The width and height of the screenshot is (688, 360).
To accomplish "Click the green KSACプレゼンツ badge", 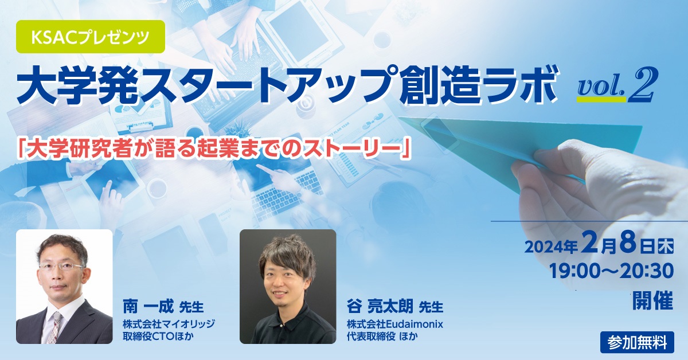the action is pyautogui.click(x=91, y=37).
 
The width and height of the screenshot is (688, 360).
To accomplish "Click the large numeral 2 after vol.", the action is pyautogui.click(x=641, y=84).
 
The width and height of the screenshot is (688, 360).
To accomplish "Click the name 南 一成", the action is pyautogui.click(x=148, y=307).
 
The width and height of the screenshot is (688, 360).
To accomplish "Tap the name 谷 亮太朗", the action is pyautogui.click(x=380, y=307).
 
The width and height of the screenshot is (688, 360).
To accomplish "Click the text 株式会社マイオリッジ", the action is pyautogui.click(x=169, y=324).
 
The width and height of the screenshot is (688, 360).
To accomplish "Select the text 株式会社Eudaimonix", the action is pyautogui.click(x=395, y=324).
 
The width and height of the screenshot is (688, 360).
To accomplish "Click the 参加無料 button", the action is pyautogui.click(x=638, y=342).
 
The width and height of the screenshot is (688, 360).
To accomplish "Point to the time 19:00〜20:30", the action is pyautogui.click(x=611, y=271).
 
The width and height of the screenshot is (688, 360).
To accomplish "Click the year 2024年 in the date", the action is pyautogui.click(x=551, y=247).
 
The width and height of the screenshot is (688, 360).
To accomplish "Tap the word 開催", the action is pyautogui.click(x=652, y=300).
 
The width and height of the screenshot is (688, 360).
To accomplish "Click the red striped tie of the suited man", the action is pyautogui.click(x=56, y=327).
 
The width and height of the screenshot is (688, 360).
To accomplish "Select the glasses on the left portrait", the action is pyautogui.click(x=62, y=267).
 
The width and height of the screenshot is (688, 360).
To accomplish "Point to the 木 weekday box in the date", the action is pyautogui.click(x=666, y=246).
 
